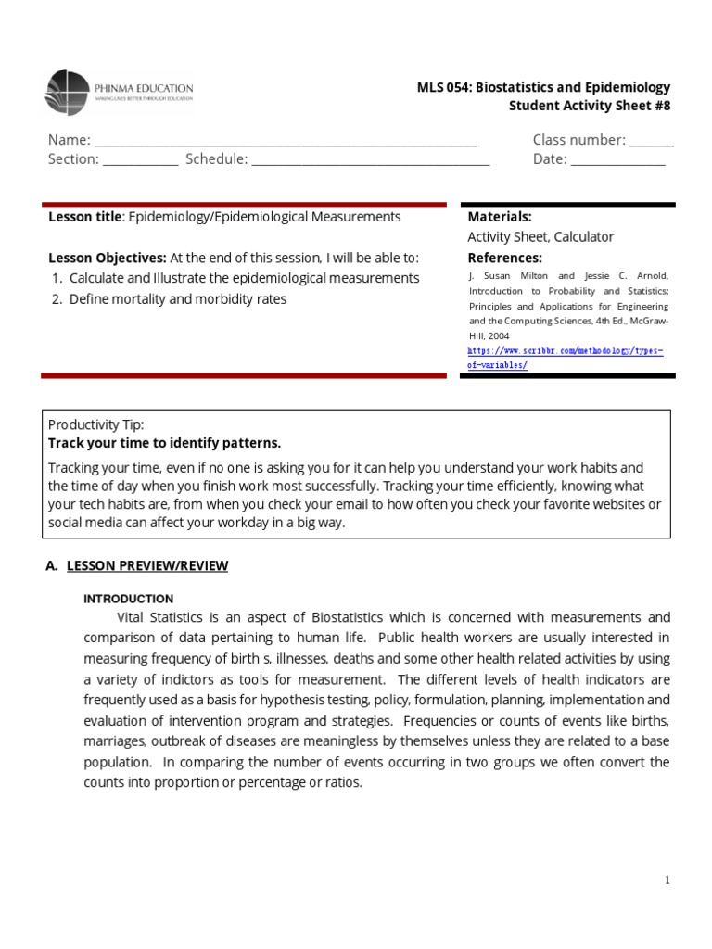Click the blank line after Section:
point(140,160)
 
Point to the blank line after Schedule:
point(370,160)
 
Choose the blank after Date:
point(617,160)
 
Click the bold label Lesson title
point(84,216)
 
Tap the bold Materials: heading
point(500,216)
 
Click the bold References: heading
point(504,258)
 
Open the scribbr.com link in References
point(566,358)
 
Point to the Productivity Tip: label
point(95,424)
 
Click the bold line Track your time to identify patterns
point(164,443)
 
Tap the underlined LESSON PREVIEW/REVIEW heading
point(147,565)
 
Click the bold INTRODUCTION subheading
point(129,599)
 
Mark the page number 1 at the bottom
point(667,879)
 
